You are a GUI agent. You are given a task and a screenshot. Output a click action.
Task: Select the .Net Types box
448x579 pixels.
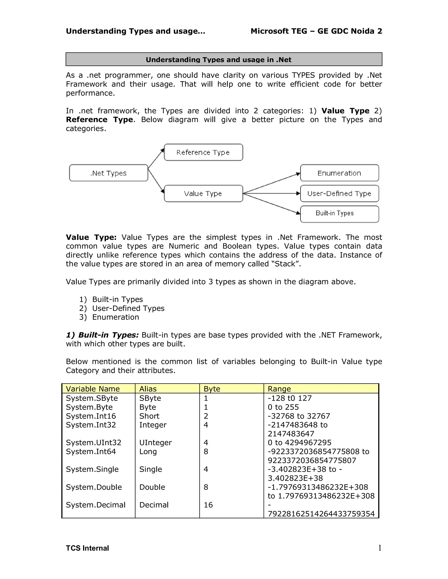pyautogui.click(x=108, y=173)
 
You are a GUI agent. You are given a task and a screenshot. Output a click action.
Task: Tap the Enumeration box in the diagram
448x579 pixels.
pyautogui.click(x=339, y=173)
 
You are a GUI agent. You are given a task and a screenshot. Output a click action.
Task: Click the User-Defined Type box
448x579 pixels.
pyautogui.click(x=339, y=194)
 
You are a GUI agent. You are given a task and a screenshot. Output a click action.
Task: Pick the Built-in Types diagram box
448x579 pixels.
pyautogui.click(x=339, y=214)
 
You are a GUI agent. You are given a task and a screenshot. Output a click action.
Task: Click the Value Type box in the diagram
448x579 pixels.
pyautogui.click(x=203, y=194)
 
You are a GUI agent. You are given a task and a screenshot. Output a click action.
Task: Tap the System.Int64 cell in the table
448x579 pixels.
pyautogui.click(x=91, y=451)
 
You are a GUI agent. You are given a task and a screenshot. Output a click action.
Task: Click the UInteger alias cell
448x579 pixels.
pyautogui.click(x=156, y=442)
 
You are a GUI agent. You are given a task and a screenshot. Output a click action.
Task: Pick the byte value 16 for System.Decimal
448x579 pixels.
pyautogui.click(x=208, y=505)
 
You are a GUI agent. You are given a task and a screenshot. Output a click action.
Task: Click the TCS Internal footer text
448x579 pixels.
pyautogui.click(x=87, y=548)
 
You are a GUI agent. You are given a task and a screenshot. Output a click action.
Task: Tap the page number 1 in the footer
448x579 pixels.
pyautogui.click(x=380, y=548)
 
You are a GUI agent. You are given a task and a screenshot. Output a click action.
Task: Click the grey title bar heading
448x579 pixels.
pyautogui.click(x=219, y=59)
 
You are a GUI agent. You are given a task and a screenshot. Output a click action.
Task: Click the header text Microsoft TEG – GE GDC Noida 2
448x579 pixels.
pyautogui.click(x=316, y=31)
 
